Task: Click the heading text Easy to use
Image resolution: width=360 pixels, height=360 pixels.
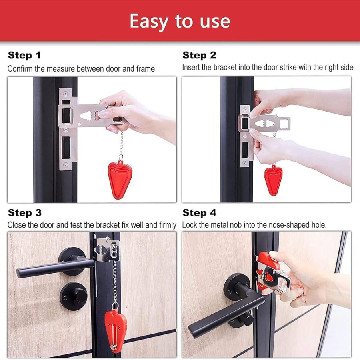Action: [180, 21]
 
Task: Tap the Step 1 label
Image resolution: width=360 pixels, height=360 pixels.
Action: [24, 55]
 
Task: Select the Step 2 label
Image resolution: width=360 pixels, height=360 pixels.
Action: [199, 55]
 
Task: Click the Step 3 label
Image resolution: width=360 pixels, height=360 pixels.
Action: [25, 212]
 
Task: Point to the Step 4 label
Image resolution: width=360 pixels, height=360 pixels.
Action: [199, 212]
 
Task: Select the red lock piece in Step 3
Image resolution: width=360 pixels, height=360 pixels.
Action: [115, 326]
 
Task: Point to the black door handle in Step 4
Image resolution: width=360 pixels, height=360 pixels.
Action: [224, 316]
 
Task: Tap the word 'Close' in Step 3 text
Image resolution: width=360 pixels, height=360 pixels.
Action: [17, 225]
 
